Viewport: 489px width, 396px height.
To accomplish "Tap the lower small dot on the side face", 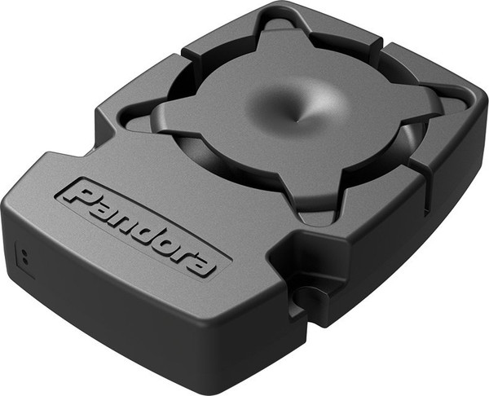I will point(24,258).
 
